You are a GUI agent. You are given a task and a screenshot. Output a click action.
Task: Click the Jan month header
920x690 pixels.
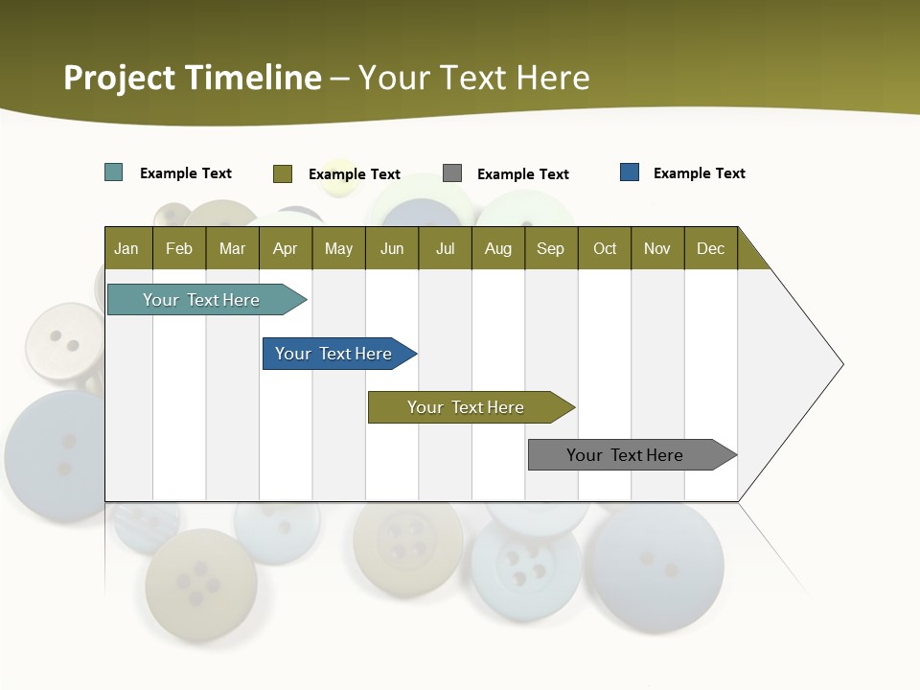coord(127,248)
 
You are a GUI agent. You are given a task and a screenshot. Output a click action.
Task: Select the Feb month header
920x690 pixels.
coord(179,248)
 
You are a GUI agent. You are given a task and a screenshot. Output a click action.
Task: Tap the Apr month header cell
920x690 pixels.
coord(286,248)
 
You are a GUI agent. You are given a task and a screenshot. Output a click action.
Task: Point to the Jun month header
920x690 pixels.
coord(392,248)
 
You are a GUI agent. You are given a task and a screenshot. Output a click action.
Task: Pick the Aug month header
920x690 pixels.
coord(498,248)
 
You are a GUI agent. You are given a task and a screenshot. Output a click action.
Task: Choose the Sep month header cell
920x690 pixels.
coord(551,248)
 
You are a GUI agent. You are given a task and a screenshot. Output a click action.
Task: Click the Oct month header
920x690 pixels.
coord(605,248)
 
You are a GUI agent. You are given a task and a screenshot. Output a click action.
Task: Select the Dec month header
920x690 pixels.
coord(711,248)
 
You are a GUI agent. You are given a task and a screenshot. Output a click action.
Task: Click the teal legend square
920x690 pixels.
coord(114,172)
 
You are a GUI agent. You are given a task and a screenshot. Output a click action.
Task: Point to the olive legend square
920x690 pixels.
coord(283,173)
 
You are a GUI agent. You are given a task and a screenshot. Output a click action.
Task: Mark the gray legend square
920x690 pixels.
coord(452,172)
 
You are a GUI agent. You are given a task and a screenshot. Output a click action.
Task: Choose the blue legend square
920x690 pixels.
coord(630,172)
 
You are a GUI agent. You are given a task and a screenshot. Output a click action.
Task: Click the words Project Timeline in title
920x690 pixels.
coord(193,78)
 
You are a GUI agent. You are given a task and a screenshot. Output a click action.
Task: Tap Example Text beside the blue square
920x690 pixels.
coord(699,173)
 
